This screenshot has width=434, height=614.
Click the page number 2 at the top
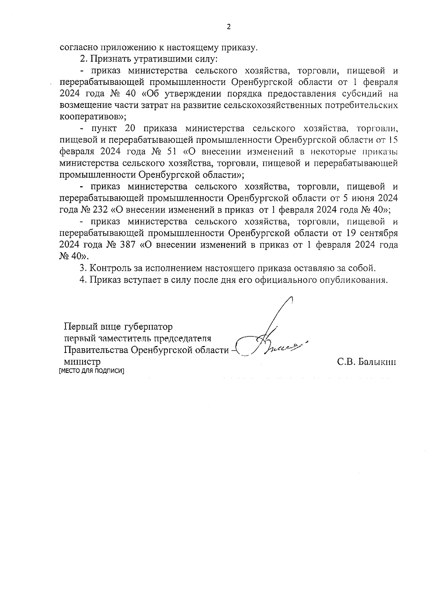(x=228, y=27)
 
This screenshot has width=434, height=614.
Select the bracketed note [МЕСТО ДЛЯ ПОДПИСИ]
(x=91, y=371)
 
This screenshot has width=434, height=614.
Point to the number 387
(x=125, y=245)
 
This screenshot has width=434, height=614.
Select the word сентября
(x=379, y=233)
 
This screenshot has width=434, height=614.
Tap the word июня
(x=362, y=199)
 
